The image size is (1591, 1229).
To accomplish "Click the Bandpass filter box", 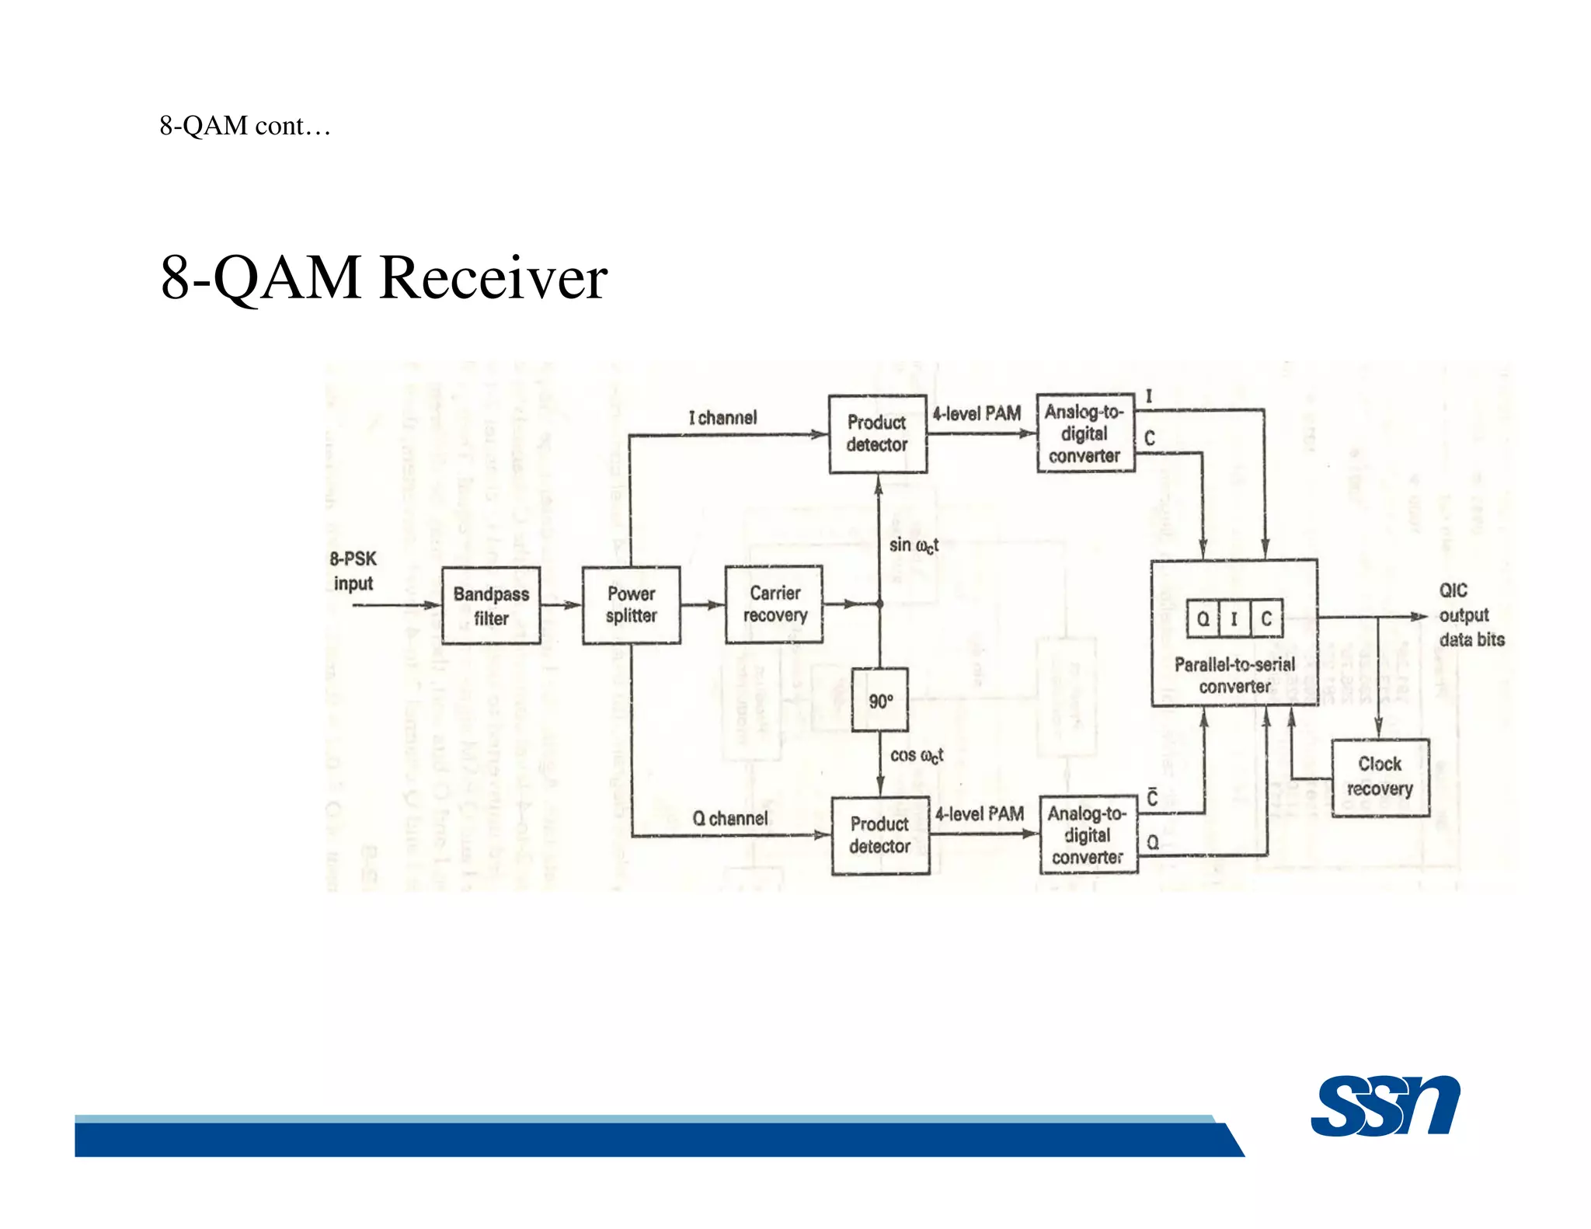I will [x=491, y=605].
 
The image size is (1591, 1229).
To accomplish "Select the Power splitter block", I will [x=631, y=605].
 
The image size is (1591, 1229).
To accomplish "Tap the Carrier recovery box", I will [x=774, y=604].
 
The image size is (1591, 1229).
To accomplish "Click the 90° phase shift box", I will [x=879, y=700].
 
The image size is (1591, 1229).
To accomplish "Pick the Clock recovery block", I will [x=1380, y=777].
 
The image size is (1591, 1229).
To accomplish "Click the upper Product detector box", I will [x=877, y=433].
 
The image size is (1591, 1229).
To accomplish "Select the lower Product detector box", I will [x=879, y=835].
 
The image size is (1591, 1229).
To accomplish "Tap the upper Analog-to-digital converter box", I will [x=1084, y=433].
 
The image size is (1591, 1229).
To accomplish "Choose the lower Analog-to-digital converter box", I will [x=1088, y=835].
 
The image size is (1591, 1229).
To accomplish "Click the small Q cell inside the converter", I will [x=1203, y=618].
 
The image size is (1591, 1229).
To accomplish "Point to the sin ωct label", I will [x=914, y=545].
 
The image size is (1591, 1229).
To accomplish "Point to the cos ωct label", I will [x=917, y=755].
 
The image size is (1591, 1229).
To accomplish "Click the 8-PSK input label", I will [x=353, y=571].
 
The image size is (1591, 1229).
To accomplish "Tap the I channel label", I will [x=722, y=418].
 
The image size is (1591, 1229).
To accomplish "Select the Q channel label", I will [x=729, y=818].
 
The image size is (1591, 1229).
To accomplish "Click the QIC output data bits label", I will [x=1470, y=614].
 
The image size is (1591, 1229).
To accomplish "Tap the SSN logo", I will [x=1384, y=1106].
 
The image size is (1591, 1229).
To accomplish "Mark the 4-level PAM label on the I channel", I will [x=977, y=414].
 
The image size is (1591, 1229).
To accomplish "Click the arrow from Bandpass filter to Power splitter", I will [x=561, y=605].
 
